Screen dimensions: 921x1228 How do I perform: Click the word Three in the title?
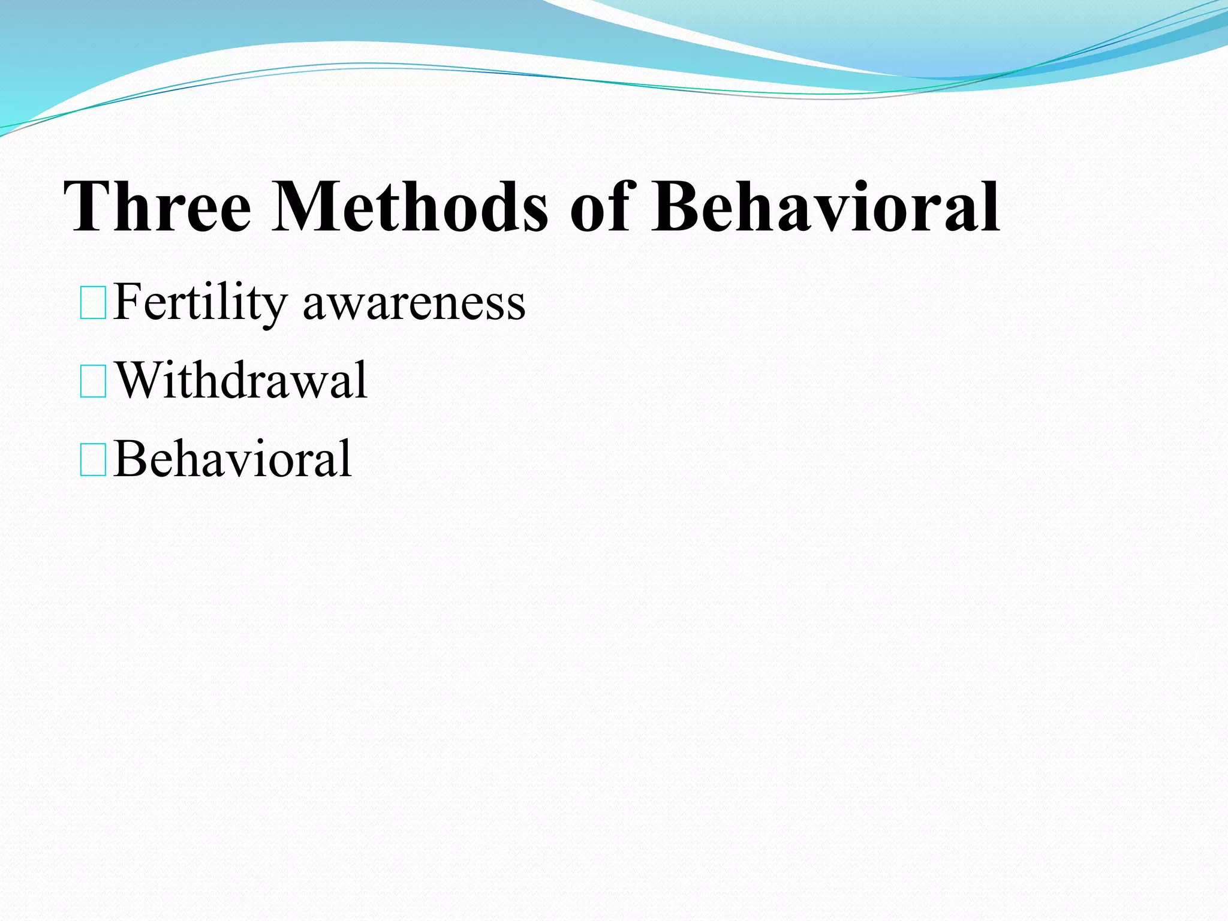click(157, 207)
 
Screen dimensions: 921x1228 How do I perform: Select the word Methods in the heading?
click(410, 207)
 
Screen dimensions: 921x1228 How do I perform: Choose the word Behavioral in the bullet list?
click(233, 459)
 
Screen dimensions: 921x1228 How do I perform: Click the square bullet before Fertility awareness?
click(93, 303)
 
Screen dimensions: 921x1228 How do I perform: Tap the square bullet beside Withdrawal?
click(93, 382)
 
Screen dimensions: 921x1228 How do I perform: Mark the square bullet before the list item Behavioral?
click(93, 460)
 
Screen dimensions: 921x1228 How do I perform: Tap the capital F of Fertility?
click(128, 302)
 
